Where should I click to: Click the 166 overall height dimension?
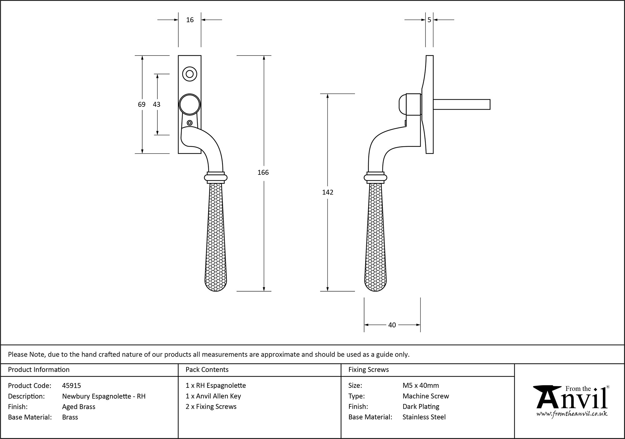pyautogui.click(x=263, y=172)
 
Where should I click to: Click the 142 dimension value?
pyautogui.click(x=327, y=192)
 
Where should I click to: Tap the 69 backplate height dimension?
pyautogui.click(x=142, y=104)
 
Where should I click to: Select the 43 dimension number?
pyautogui.click(x=157, y=104)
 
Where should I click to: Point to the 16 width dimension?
pyautogui.click(x=190, y=20)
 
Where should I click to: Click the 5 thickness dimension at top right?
pyautogui.click(x=429, y=20)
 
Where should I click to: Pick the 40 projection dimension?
pyautogui.click(x=392, y=325)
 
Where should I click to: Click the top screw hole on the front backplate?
pyautogui.click(x=189, y=74)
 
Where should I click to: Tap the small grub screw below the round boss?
pyautogui.click(x=189, y=123)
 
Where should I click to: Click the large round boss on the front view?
pyautogui.click(x=189, y=104)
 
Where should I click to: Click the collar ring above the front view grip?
pyautogui.click(x=216, y=177)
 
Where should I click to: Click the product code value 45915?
pyautogui.click(x=72, y=386)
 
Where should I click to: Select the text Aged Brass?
pyautogui.click(x=79, y=407)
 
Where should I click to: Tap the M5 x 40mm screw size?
pyautogui.click(x=421, y=386)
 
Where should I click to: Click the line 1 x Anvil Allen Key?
pyautogui.click(x=213, y=396)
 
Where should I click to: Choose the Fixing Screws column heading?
pyautogui.click(x=368, y=370)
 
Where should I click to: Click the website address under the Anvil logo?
pyautogui.click(x=572, y=414)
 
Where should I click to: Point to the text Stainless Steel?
pyautogui.click(x=424, y=417)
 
